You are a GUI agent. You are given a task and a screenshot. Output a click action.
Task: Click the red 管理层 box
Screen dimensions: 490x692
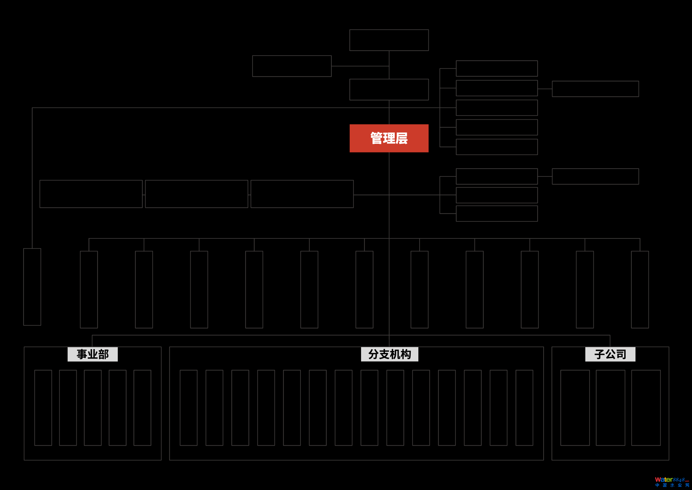pyautogui.click(x=389, y=138)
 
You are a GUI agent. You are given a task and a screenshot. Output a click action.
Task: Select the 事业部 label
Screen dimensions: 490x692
pyautogui.click(x=92, y=354)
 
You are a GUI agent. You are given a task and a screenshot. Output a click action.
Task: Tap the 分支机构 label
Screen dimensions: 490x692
pyautogui.click(x=389, y=354)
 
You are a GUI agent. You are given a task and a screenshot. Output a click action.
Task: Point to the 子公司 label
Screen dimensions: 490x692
pyautogui.click(x=610, y=354)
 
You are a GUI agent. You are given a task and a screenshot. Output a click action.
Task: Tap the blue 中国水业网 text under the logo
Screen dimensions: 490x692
pyautogui.click(x=672, y=485)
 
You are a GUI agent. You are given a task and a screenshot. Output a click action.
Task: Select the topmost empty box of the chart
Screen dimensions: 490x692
pyautogui.click(x=389, y=40)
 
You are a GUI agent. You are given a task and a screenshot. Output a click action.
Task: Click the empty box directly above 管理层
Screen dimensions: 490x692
pyautogui.click(x=389, y=90)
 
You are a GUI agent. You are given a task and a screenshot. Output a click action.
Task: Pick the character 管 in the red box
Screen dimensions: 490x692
pyautogui.click(x=376, y=138)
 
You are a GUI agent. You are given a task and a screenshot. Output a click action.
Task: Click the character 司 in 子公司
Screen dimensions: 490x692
pyautogui.click(x=621, y=354)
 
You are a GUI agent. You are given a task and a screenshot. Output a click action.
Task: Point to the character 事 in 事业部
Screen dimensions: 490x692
pyautogui.click(x=82, y=354)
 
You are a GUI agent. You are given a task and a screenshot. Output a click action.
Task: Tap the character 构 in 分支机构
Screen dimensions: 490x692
pyautogui.click(x=406, y=354)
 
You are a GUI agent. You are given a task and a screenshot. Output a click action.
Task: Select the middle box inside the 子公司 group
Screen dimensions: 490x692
pyautogui.click(x=610, y=408)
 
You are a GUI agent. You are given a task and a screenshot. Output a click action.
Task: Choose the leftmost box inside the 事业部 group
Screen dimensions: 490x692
pyautogui.click(x=43, y=408)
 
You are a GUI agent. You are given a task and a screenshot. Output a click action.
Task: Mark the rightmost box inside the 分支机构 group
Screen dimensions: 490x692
pyautogui.click(x=524, y=408)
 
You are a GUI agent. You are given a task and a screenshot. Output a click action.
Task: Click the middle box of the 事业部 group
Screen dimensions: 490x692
pyautogui.click(x=93, y=408)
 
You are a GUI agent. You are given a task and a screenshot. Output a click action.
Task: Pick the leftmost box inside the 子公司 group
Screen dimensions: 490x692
pyautogui.click(x=575, y=408)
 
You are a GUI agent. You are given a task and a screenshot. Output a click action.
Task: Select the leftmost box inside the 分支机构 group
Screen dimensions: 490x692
pyautogui.click(x=189, y=408)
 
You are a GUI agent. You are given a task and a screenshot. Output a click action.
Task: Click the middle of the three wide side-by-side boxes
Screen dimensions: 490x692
pyautogui.click(x=196, y=194)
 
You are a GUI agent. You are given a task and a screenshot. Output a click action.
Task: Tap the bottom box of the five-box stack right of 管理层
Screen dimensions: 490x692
pyautogui.click(x=497, y=147)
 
